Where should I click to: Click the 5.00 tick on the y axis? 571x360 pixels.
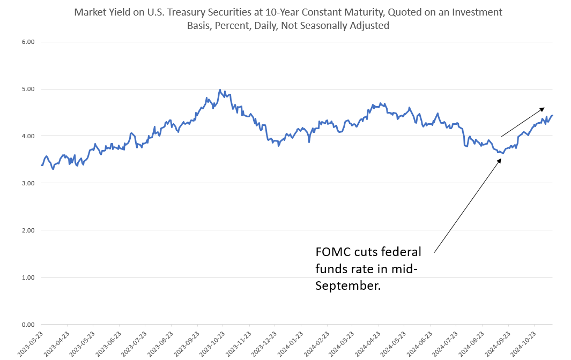[x=27, y=89]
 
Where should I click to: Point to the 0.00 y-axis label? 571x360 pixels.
[x=27, y=325]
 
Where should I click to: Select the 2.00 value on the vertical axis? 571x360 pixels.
[x=27, y=230]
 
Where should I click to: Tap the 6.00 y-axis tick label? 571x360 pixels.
[x=27, y=42]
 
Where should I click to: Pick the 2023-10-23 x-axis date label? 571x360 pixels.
[x=214, y=343]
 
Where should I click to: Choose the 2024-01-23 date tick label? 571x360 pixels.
[x=292, y=343]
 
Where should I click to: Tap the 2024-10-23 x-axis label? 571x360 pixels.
[x=525, y=343]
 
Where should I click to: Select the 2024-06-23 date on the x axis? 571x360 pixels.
[x=421, y=343]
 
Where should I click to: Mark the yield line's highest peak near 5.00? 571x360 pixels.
[x=220, y=89]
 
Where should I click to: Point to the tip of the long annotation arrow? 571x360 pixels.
[x=501, y=158]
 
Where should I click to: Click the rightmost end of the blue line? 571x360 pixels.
[x=553, y=115]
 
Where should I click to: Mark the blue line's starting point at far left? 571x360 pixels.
[x=41, y=165]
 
